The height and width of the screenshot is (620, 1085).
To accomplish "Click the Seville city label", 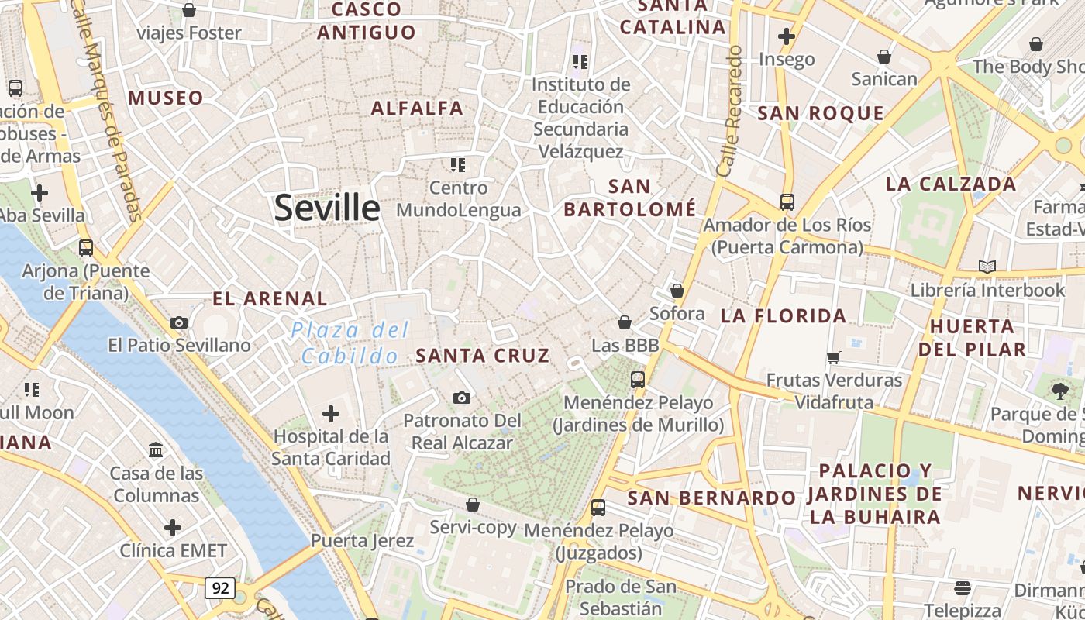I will [327, 208].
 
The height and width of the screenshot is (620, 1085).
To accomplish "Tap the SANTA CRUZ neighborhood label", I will [483, 356].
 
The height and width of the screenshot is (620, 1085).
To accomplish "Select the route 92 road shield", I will [220, 588].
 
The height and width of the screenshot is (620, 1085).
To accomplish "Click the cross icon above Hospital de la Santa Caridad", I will [331, 414].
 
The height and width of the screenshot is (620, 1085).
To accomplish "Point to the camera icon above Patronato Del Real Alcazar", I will [462, 398].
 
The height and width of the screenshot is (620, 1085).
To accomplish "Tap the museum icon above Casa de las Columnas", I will [156, 450].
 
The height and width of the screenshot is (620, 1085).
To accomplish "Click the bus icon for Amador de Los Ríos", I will [787, 202].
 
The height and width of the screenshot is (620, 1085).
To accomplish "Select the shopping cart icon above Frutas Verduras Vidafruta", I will [834, 358].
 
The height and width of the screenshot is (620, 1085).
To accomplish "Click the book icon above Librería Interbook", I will [987, 267].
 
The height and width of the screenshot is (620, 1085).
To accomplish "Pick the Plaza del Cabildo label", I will [350, 343].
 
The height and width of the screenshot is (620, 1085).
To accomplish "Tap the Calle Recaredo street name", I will [730, 110].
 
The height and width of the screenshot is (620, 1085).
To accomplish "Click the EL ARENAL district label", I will [270, 298].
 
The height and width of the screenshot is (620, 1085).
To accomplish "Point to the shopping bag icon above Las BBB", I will [625, 322].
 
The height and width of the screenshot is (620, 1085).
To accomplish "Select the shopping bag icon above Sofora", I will [677, 291].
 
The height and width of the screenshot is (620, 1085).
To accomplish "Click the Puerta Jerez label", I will [362, 540].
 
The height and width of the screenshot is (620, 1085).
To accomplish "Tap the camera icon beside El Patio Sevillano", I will [179, 322].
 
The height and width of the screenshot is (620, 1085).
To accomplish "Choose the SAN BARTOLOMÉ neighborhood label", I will [629, 198].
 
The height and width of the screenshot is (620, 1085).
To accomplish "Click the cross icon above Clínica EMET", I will [173, 529].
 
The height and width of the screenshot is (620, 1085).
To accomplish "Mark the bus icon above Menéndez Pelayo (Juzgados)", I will [598, 508].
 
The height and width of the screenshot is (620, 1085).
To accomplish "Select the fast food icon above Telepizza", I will [963, 588].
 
